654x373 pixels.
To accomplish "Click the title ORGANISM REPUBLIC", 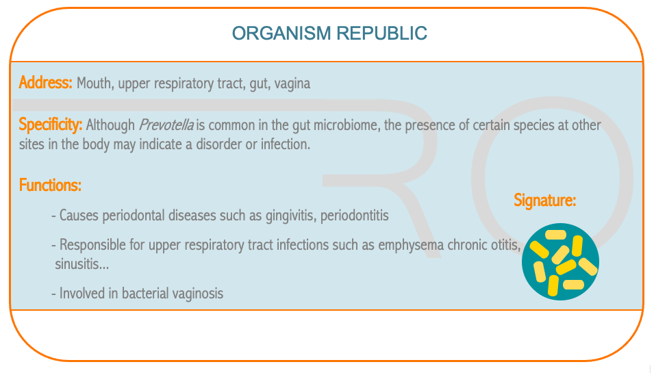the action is tap(329, 34).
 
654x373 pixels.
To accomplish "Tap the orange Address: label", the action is tap(45, 83).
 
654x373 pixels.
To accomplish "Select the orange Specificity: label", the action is tap(51, 125).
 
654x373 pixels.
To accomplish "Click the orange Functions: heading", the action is tap(50, 185).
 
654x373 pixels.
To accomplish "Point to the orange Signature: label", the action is tap(544, 201).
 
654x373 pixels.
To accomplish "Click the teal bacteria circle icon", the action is tap(561, 261).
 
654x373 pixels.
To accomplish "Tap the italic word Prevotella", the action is tap(166, 125).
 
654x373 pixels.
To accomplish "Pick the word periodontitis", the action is tap(355, 216).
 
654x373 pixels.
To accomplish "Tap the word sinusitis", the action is tap(81, 263).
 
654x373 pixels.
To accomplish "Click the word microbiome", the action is tap(347, 125).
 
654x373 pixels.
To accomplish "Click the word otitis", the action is tap(506, 244).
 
